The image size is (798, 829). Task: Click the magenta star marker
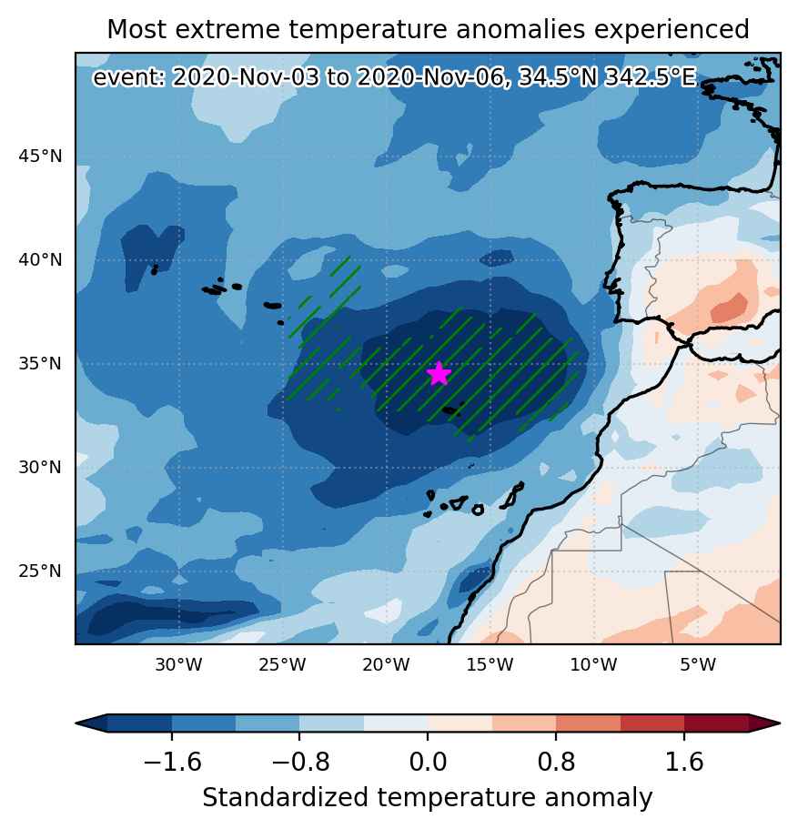(x=439, y=374)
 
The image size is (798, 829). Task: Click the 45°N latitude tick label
(x=40, y=157)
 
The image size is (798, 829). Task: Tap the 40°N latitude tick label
(x=40, y=260)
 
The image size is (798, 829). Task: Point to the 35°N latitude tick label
(x=40, y=364)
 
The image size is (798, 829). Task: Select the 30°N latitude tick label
(x=40, y=468)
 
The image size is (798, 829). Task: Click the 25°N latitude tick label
(x=40, y=571)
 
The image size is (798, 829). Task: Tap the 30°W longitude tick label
(x=178, y=664)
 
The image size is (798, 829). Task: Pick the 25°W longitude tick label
(x=282, y=664)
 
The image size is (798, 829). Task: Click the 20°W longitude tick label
(x=386, y=664)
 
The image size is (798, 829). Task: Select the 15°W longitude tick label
(x=490, y=664)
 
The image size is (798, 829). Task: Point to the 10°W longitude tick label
(x=593, y=664)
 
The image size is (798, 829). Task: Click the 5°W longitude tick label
(x=698, y=664)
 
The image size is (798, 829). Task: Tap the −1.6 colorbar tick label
(x=172, y=762)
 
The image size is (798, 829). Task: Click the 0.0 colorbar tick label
(x=428, y=762)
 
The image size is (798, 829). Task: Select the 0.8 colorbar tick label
(x=556, y=762)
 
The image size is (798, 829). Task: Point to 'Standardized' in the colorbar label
(x=286, y=797)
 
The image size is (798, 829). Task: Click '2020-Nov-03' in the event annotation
(x=246, y=77)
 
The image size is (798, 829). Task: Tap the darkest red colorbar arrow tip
(x=780, y=723)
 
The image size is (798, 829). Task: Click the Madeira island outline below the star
(x=451, y=410)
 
